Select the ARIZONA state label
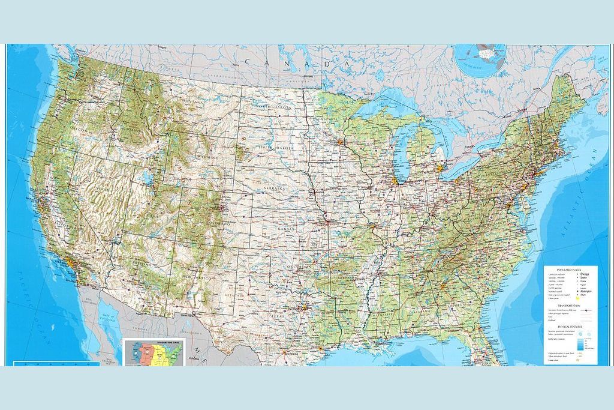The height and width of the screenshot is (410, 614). (142, 264)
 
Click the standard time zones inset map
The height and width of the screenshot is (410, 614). (154, 352)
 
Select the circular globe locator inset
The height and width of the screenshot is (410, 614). (480, 54)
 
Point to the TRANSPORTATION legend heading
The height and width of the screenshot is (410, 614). (570, 306)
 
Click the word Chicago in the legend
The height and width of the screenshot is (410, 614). (585, 275)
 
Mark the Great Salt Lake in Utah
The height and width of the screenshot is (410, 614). (147, 178)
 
